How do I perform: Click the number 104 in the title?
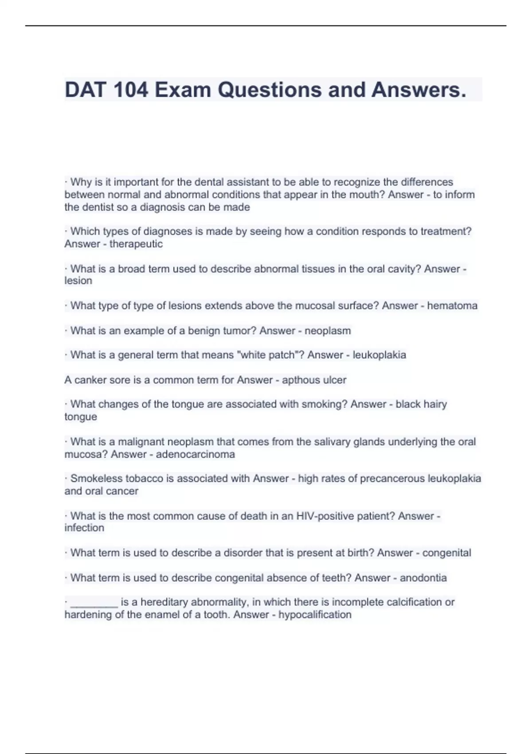131,90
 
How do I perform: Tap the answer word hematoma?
452,306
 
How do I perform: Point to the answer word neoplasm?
328,330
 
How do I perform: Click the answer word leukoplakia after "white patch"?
379,355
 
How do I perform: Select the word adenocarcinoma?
196,454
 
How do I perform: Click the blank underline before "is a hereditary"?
94,603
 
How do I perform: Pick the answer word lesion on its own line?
78,281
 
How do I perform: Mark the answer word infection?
84,528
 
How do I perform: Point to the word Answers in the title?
419,90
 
